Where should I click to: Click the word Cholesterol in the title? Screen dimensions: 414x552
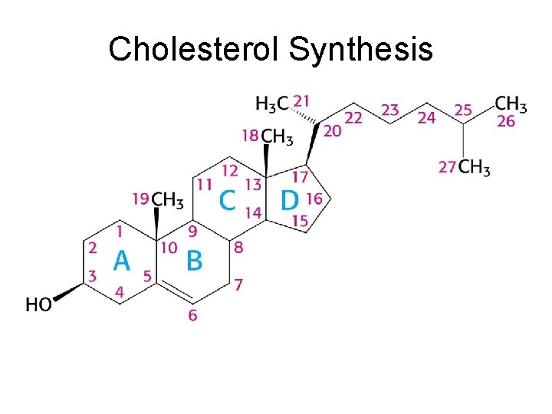pos(195,50)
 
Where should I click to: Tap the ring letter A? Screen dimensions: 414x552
pos(122,261)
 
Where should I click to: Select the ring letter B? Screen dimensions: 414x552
pos(195,261)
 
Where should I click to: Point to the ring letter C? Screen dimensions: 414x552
pos(227,201)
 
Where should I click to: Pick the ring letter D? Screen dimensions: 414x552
pos(289,201)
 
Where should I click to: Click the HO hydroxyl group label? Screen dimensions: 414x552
pos(39,305)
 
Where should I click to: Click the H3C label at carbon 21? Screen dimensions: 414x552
pos(272,103)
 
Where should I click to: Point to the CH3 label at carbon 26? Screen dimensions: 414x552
pos(511,103)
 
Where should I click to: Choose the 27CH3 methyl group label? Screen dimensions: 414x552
pos(465,167)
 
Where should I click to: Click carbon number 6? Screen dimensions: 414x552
pos(192,315)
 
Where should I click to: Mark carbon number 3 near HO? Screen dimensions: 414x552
pos(92,275)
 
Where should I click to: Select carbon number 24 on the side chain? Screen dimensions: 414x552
pos(426,117)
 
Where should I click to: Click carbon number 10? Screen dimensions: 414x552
pos(169,247)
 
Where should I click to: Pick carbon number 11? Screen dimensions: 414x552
pos(204,184)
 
